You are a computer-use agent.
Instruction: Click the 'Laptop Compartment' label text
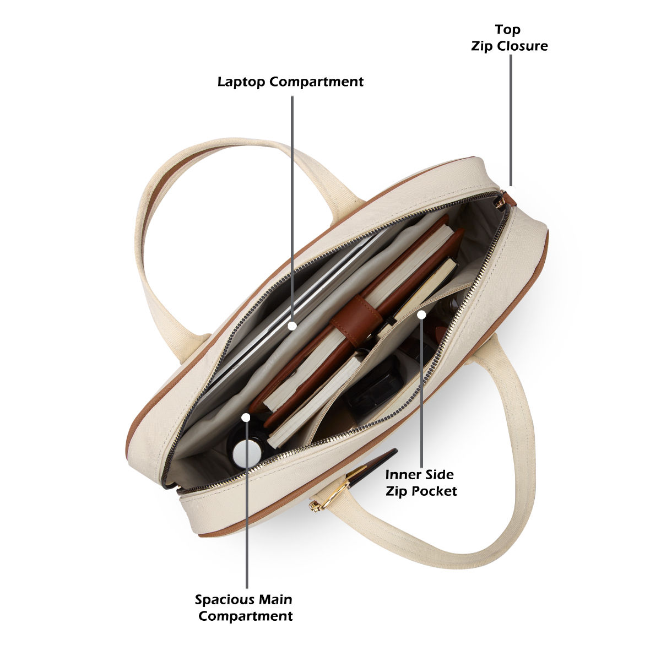(x=290, y=82)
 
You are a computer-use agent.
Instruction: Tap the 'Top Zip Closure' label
(x=509, y=38)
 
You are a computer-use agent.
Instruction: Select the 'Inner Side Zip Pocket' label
(x=421, y=483)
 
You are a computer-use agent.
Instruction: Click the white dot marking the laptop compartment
(x=292, y=326)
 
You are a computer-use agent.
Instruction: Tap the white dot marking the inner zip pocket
(x=421, y=314)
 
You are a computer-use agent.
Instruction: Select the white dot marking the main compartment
(x=246, y=418)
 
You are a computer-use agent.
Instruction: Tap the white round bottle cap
(x=247, y=454)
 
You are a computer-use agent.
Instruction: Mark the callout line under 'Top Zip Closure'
(x=511, y=120)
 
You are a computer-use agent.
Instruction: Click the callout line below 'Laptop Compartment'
(x=292, y=209)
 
